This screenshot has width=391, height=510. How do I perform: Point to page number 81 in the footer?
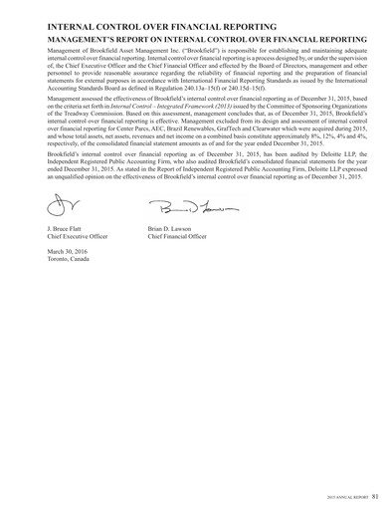coord(369,492)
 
